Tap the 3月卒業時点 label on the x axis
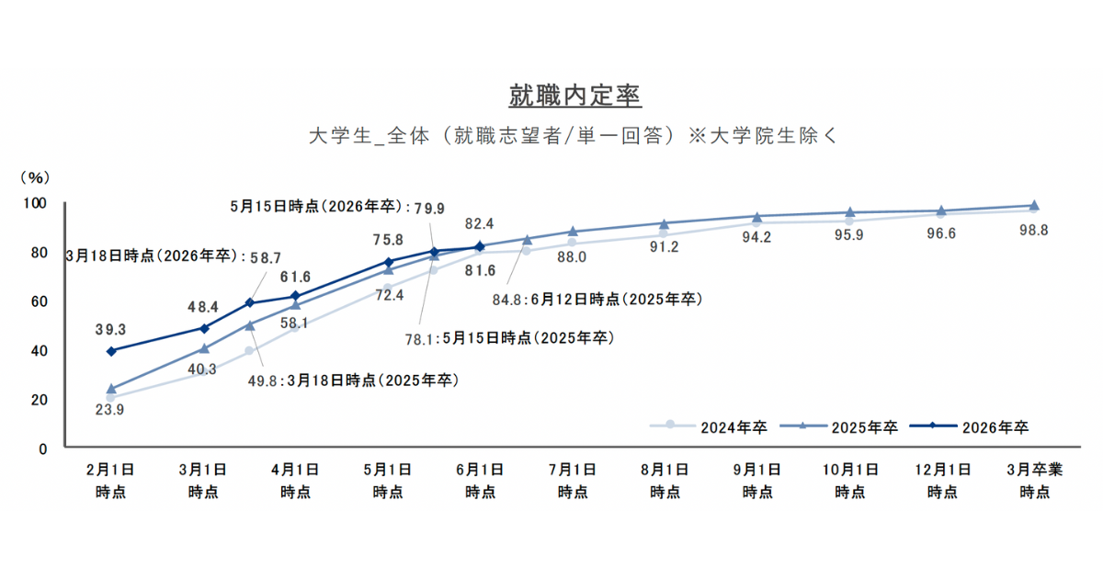1034,480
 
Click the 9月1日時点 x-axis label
756,480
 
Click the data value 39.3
111,330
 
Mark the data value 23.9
111,410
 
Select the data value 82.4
479,223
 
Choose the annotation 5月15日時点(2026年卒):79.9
338,208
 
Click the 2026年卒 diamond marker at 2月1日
111,351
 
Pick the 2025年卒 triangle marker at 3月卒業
1034,206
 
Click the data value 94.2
756,237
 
